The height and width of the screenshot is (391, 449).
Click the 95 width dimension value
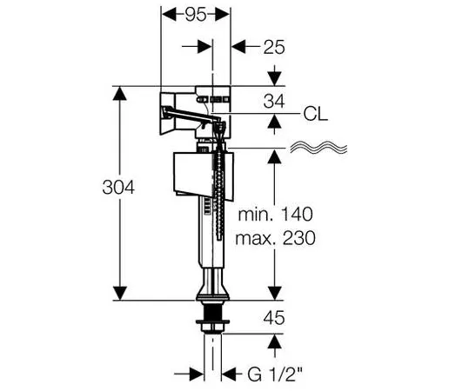pyautogui.click(x=196, y=15)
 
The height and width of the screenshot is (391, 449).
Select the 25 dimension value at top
pyautogui.click(x=274, y=47)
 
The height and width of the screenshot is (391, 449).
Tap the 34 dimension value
pyautogui.click(x=274, y=102)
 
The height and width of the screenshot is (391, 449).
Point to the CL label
pyautogui.click(x=316, y=114)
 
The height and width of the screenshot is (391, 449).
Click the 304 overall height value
pyautogui.click(x=118, y=187)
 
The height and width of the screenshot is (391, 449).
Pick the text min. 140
pyautogui.click(x=275, y=215)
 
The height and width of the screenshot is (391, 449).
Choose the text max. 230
pyautogui.click(x=275, y=238)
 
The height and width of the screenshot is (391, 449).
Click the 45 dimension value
pyautogui.click(x=274, y=318)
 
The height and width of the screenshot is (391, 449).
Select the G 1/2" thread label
pyautogui.click(x=275, y=374)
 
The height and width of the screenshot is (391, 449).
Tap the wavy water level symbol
pyautogui.click(x=318, y=147)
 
